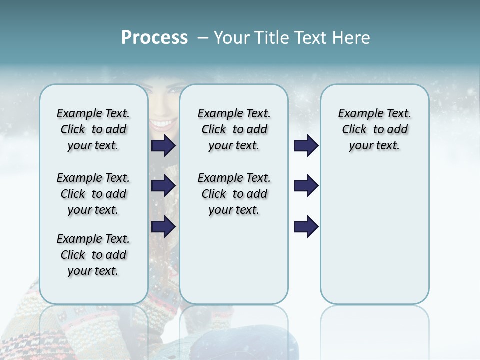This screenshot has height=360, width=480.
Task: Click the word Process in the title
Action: click(x=154, y=38)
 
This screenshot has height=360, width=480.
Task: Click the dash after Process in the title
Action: click(x=202, y=38)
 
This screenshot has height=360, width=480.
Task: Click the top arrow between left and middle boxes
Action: click(x=163, y=145)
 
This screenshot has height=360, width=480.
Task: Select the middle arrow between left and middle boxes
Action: click(x=163, y=186)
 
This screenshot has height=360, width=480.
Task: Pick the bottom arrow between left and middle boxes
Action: click(x=163, y=226)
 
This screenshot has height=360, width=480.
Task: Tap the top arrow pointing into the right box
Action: click(x=306, y=145)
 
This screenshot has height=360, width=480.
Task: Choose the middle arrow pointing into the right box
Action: click(x=306, y=186)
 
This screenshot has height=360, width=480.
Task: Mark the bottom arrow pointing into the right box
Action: click(x=306, y=226)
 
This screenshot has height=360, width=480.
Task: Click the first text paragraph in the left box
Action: click(x=93, y=129)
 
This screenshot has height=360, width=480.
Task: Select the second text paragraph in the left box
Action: click(x=93, y=194)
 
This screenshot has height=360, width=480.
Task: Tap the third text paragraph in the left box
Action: click(x=93, y=255)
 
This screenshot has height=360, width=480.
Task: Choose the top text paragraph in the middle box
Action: click(x=234, y=129)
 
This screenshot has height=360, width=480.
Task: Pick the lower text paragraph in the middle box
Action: click(x=234, y=194)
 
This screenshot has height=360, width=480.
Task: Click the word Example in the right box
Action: click(x=356, y=113)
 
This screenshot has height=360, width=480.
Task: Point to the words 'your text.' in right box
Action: click(x=374, y=145)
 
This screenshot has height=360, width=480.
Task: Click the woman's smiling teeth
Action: click(x=161, y=123)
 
